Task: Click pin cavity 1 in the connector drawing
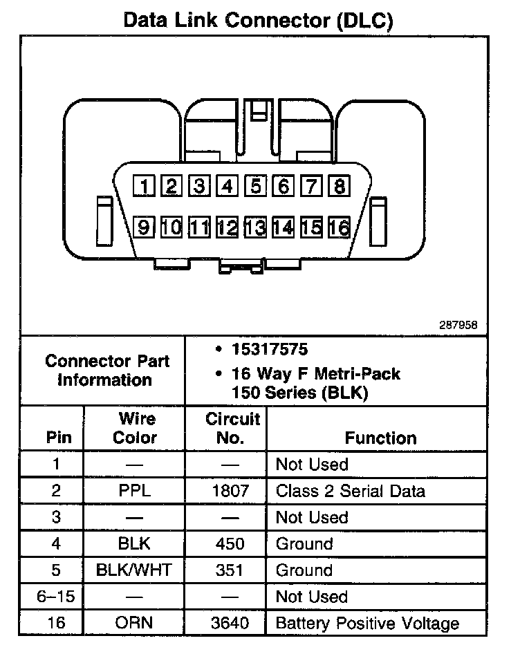coord(144,185)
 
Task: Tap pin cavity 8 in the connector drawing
coord(340,185)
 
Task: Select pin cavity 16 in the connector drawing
coord(340,226)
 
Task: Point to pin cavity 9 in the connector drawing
coord(144,226)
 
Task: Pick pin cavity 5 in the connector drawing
coord(255,185)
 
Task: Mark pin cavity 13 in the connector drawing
coord(255,226)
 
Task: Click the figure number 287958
coord(457,324)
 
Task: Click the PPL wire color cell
coord(134,491)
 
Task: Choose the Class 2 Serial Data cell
coord(350,491)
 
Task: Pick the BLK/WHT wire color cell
coord(134,570)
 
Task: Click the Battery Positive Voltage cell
coord(366,623)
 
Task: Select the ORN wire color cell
coord(134,623)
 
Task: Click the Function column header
coord(380,438)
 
